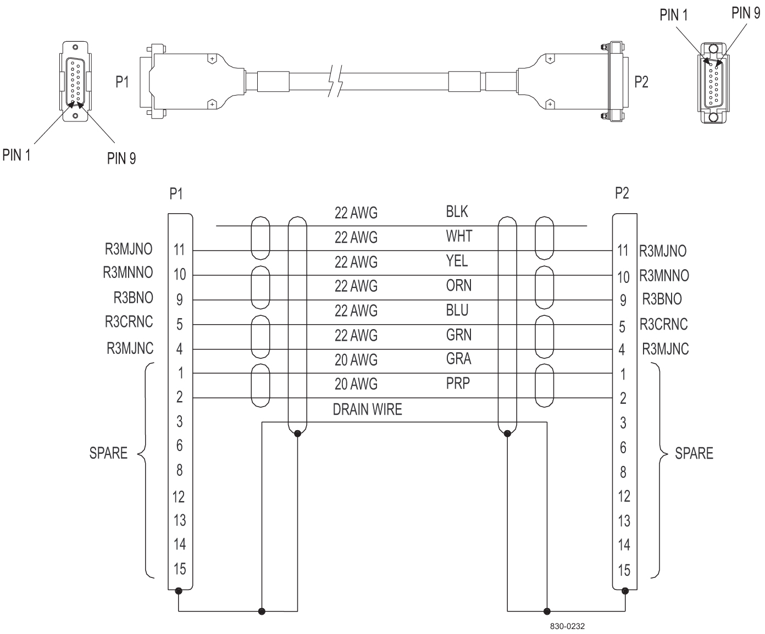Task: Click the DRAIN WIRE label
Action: point(367,410)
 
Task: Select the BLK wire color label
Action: point(457,212)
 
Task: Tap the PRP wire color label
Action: point(458,383)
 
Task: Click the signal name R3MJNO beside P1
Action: point(129,249)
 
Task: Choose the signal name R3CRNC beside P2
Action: point(663,324)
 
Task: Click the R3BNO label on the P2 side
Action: point(662,299)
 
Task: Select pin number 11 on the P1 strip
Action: point(180,250)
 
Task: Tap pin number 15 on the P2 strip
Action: point(624,570)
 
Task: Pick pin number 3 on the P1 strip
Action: point(180,422)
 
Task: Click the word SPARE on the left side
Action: point(108,453)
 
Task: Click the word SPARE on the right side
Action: point(694,453)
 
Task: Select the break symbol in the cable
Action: point(335,81)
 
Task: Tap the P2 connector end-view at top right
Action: point(713,84)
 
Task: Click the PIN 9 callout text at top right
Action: point(745,14)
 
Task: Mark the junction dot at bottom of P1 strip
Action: point(178,591)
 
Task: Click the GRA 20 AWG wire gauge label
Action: point(356,360)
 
